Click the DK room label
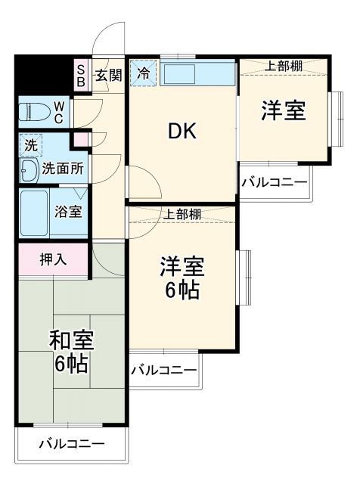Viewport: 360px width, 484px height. coord(182,132)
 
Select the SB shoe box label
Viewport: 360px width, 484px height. coord(80,76)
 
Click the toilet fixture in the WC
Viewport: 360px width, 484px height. coord(33,111)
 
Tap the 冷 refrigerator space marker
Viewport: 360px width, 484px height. coord(143,74)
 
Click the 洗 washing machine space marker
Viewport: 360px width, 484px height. coord(29,143)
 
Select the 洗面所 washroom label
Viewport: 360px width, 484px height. coord(63,168)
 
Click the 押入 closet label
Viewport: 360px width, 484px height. coord(53,259)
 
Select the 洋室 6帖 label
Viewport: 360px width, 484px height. coord(182,278)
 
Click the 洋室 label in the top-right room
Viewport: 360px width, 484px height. coord(284,110)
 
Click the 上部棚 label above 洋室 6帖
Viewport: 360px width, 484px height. coord(182,214)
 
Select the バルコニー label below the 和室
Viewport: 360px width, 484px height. coord(71,444)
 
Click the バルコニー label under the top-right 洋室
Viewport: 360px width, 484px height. coord(275,182)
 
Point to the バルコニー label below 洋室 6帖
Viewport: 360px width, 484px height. coord(163,370)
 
